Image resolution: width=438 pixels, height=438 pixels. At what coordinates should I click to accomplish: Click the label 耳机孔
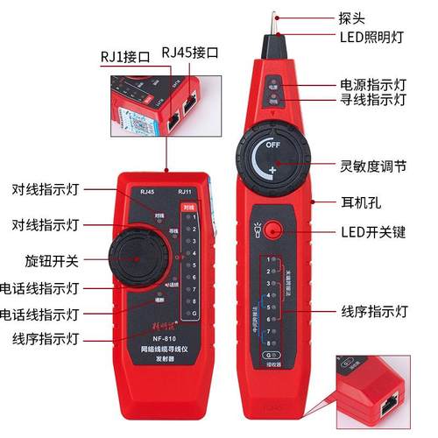point(358,201)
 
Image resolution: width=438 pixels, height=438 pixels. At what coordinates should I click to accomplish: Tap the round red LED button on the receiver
point(273,231)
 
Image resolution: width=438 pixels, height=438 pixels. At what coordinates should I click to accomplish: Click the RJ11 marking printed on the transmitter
point(184,193)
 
